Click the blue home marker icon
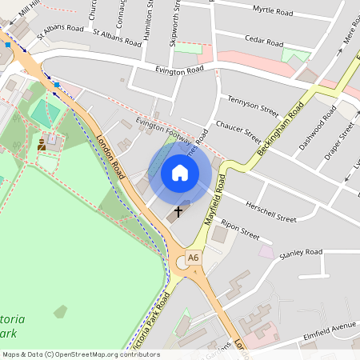(179, 173)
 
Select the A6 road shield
(193, 258)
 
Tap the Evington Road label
(177, 71)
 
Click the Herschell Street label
(271, 212)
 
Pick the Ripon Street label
(241, 230)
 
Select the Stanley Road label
(301, 253)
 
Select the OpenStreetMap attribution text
(80, 354)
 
